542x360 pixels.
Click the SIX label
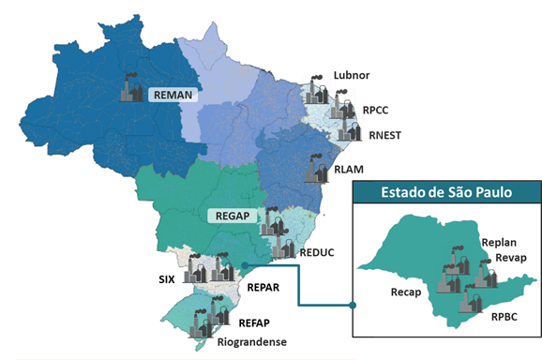tap(167, 279)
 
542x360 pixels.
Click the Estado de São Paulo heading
tap(445, 194)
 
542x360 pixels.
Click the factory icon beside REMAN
tap(133, 89)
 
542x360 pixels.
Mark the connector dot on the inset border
tap(353, 305)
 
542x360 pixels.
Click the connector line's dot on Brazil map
tap(244, 264)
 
